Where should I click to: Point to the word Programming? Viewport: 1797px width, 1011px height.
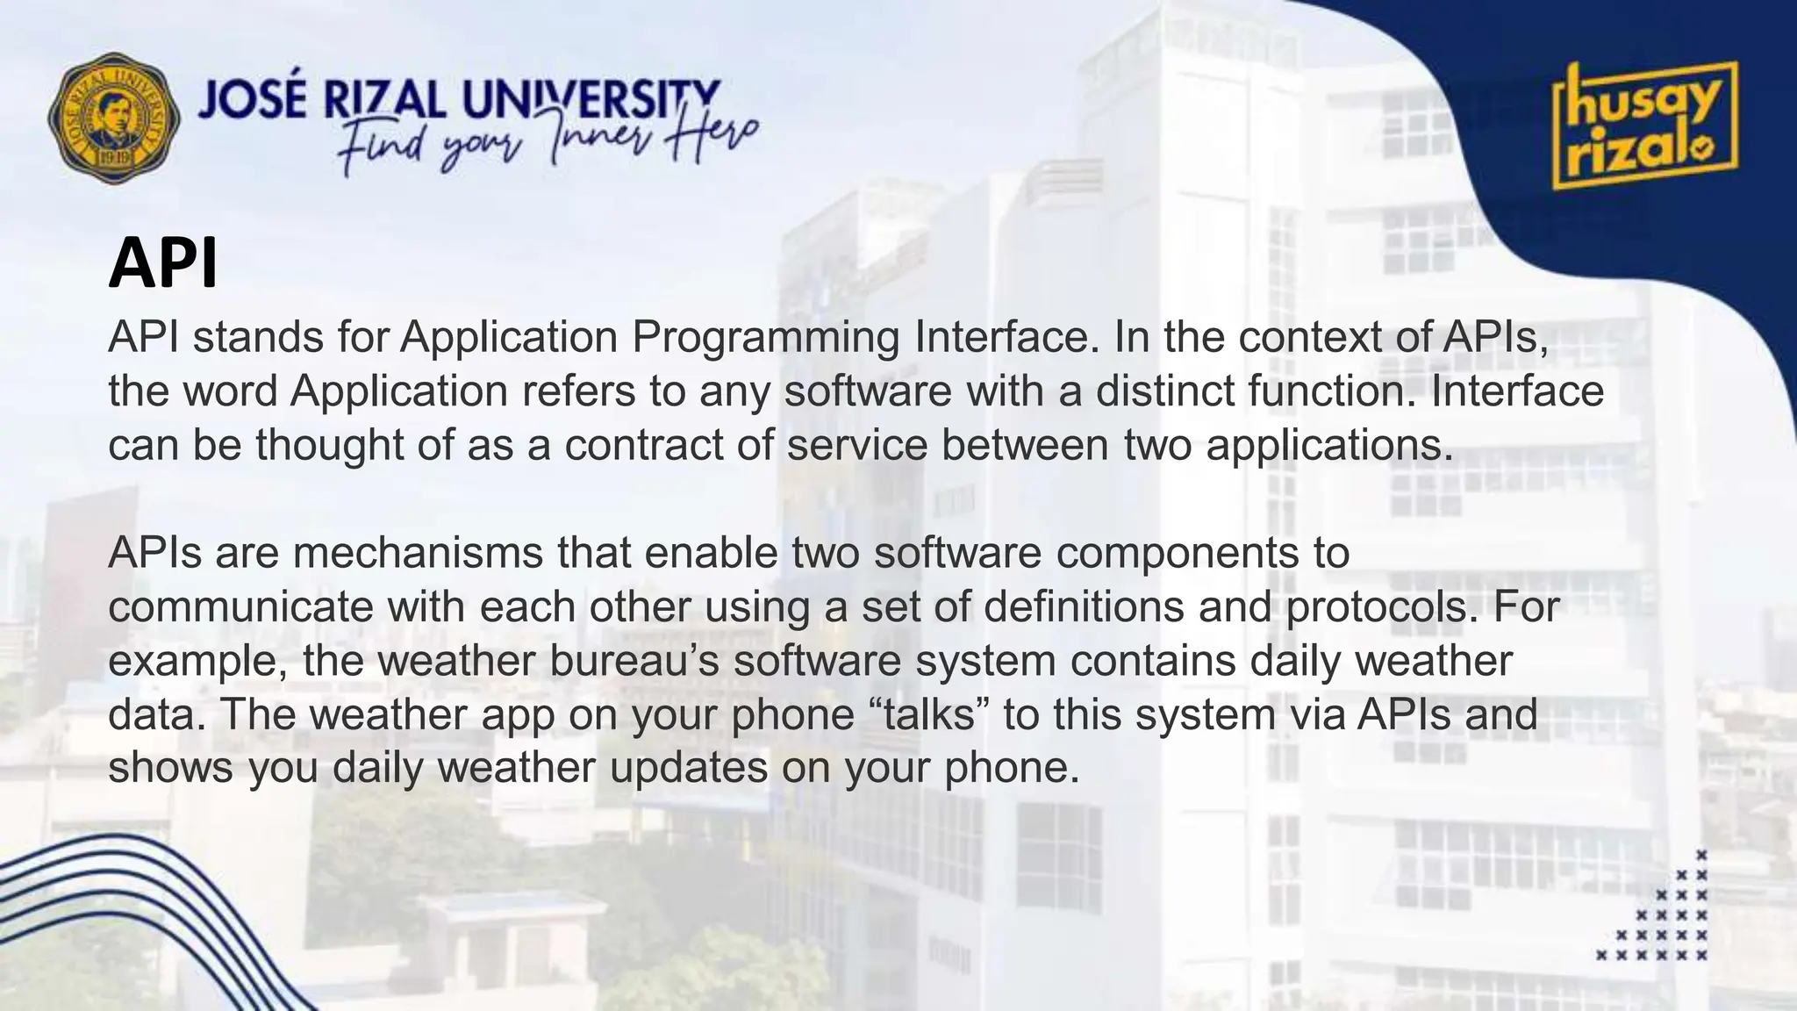pyautogui.click(x=765, y=338)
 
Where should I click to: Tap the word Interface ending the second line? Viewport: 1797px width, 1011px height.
pyautogui.click(x=1516, y=391)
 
